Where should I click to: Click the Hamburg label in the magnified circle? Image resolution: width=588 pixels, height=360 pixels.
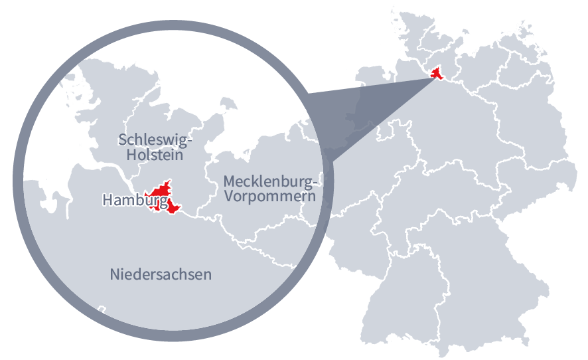[134, 199]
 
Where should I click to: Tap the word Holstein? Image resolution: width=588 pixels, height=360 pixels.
[155, 155]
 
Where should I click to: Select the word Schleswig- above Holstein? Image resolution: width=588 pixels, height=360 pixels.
[155, 139]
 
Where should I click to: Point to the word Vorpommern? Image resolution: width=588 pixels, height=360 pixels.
[269, 197]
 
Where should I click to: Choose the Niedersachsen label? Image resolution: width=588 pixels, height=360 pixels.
[161, 274]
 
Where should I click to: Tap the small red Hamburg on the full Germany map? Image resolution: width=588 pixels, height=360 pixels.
[437, 73]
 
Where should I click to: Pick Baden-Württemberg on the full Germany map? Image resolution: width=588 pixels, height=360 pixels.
[398, 292]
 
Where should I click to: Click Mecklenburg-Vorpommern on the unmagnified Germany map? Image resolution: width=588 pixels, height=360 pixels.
[491, 66]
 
